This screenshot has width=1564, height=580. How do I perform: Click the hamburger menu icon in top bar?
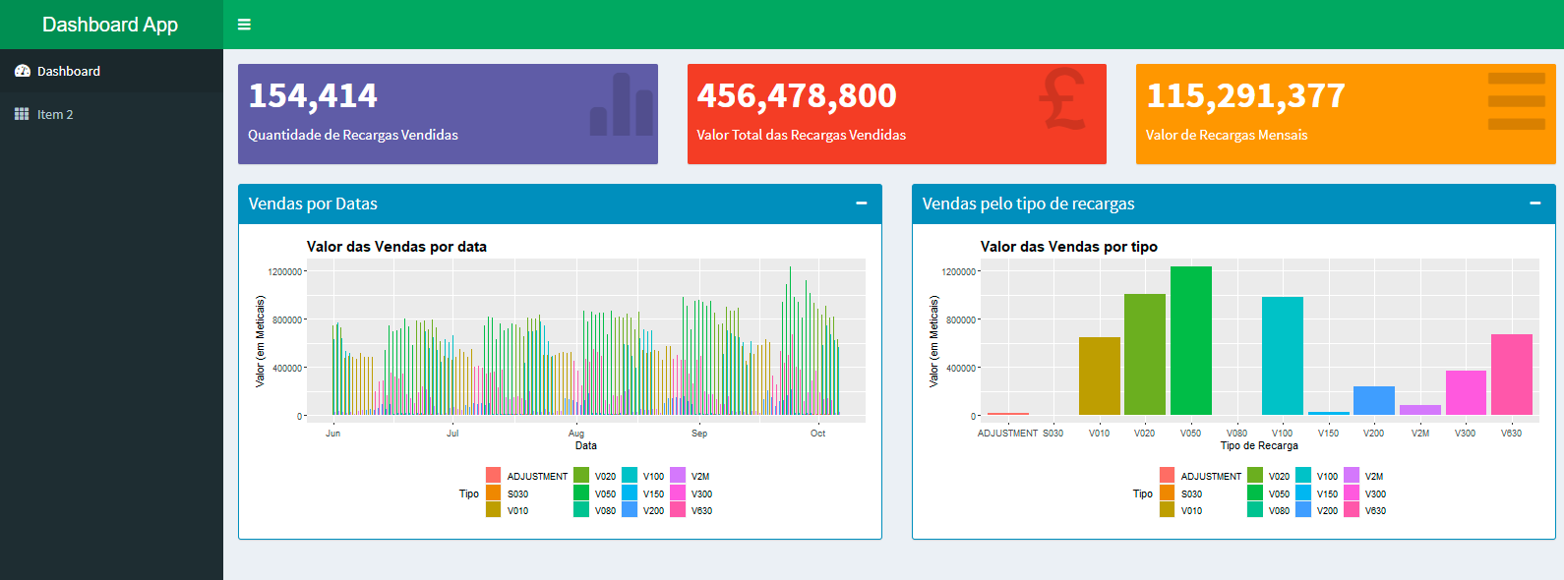244,25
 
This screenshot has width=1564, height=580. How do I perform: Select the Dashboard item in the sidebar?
68,71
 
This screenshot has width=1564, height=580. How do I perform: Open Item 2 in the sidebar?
55,114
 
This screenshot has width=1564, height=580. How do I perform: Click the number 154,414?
313,95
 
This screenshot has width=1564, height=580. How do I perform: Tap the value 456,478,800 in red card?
797,95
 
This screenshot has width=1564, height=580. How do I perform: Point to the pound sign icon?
1062,98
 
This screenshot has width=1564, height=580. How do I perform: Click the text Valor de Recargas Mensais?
1227,135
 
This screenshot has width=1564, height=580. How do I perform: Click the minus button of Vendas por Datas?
861,203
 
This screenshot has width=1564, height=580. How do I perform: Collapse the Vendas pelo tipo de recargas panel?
1534,203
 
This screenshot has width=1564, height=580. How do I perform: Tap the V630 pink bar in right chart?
1511,375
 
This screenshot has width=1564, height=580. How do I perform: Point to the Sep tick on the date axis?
699,433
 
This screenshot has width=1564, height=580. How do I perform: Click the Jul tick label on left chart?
452,433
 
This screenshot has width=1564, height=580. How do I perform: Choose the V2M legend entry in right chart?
1373,476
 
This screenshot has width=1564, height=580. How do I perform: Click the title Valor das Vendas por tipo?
1068,247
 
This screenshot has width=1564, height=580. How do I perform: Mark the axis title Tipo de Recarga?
1259,445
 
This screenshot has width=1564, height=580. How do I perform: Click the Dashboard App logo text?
110,25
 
